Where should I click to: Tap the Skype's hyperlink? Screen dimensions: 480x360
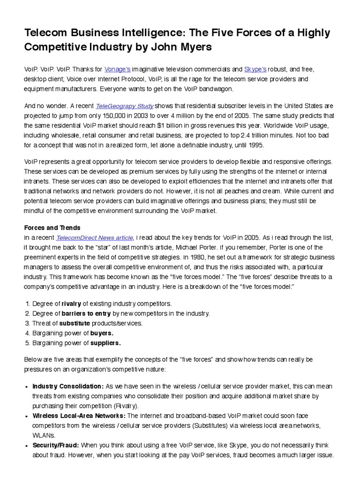tap(255, 70)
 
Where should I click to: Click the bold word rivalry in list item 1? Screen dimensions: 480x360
tap(71, 304)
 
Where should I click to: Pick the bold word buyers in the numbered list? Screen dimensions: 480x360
tap(102, 333)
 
